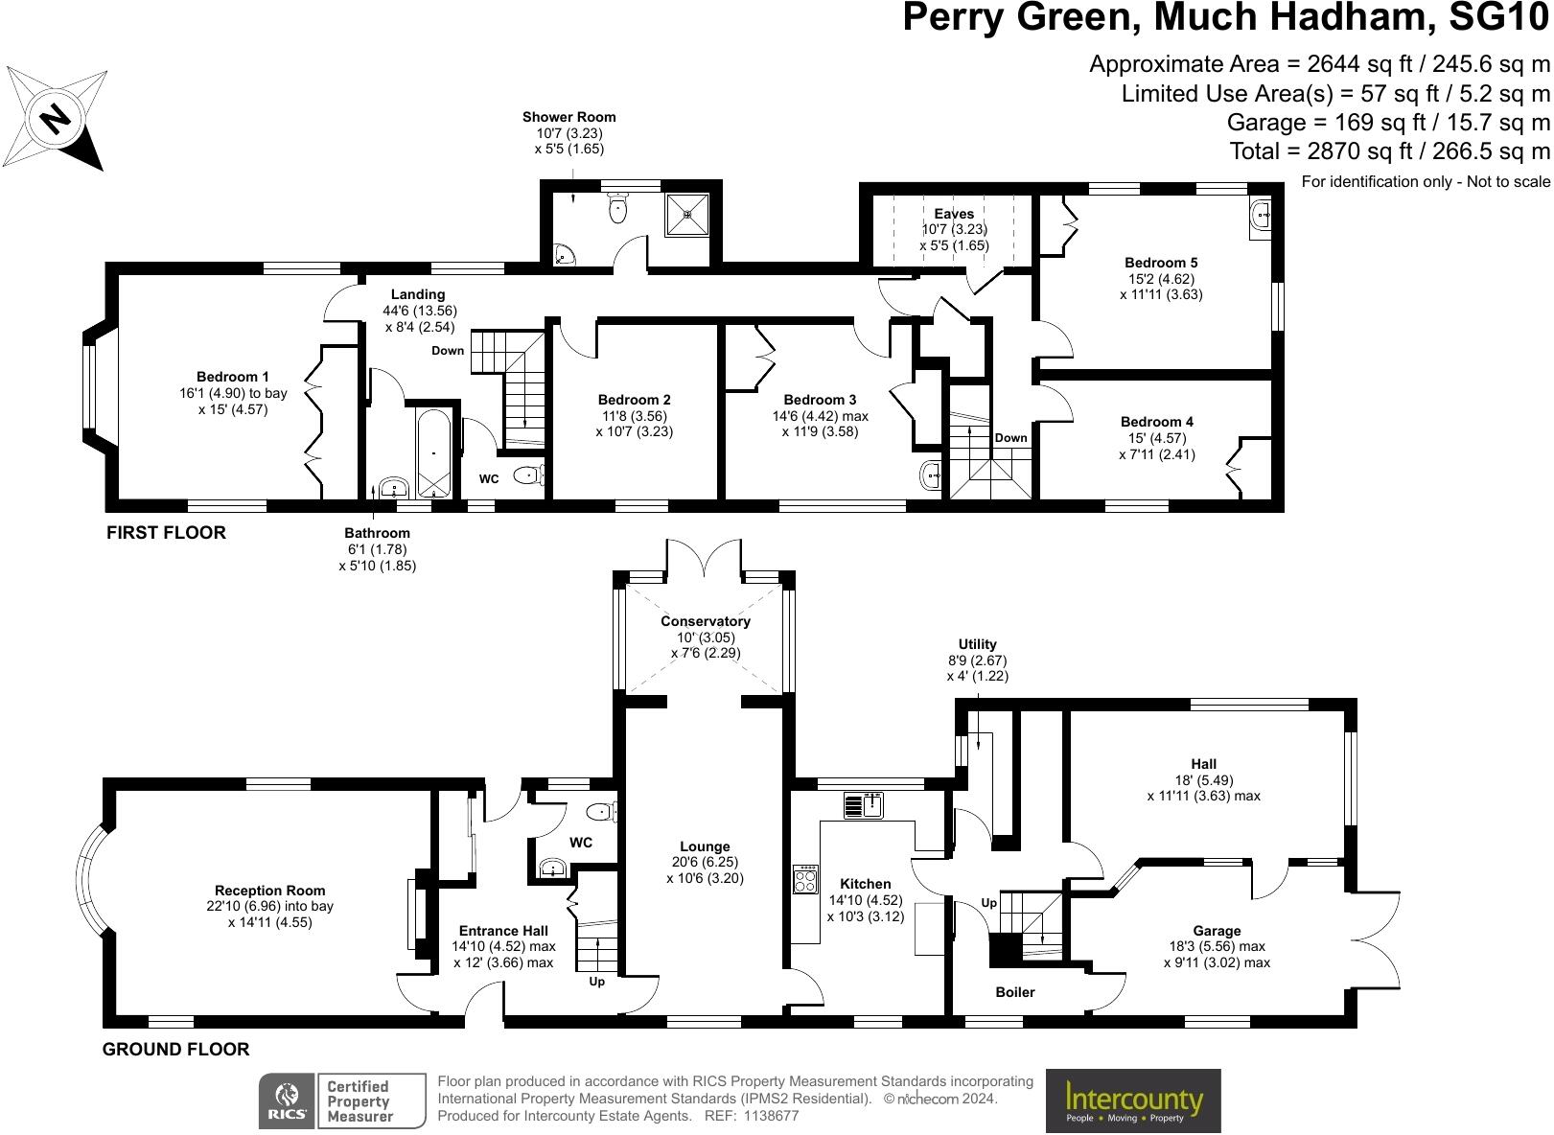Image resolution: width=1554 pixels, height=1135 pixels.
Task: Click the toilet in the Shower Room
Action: coord(618,207)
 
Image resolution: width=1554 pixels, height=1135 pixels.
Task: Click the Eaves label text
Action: coord(954,214)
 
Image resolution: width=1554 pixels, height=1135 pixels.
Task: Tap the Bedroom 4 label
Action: coord(1157,422)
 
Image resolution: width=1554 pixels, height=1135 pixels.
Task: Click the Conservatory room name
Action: coord(706,621)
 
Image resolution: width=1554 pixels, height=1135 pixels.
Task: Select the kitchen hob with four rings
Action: coord(806,879)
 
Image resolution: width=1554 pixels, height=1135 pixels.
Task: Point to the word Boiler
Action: coord(1015,992)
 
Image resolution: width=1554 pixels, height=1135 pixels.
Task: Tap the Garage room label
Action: coord(1217,931)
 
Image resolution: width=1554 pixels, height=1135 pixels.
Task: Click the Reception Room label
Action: coord(270,891)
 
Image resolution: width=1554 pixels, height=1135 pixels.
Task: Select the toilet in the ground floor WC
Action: coord(602,813)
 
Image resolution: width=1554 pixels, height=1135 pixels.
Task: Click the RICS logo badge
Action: coord(288,1100)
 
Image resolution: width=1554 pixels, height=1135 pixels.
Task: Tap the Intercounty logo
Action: coord(1133,1100)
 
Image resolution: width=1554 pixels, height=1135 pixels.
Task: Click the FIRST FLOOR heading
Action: coord(166,533)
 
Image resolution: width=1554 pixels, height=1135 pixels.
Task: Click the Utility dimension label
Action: coord(977,660)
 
